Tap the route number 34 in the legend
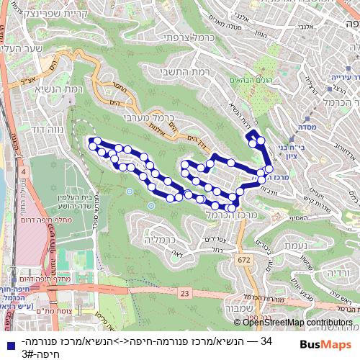coord(266,341)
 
